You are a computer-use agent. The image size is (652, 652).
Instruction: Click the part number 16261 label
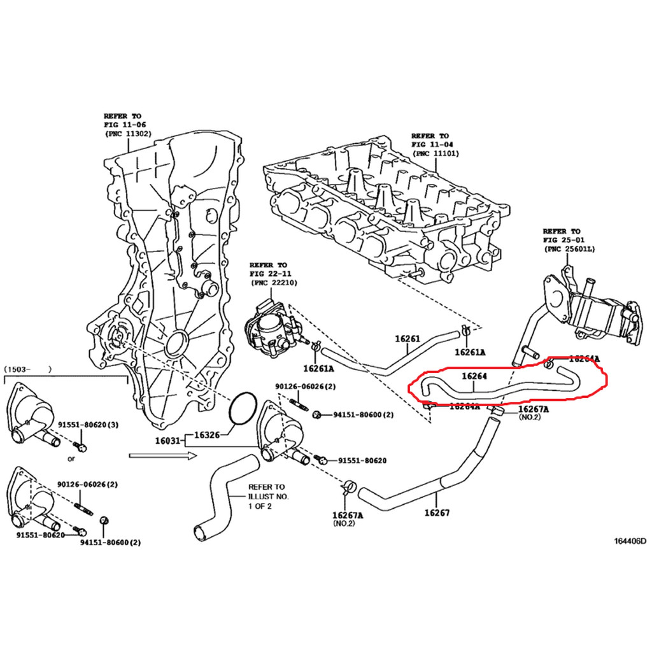coord(407,339)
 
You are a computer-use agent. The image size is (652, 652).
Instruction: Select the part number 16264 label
coord(474,377)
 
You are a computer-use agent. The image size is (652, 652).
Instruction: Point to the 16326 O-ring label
coord(206,436)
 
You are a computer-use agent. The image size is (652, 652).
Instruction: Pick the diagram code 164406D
coord(629,541)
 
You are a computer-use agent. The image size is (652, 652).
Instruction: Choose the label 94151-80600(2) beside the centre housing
coord(363,415)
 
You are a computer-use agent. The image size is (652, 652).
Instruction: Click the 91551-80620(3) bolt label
coord(88,424)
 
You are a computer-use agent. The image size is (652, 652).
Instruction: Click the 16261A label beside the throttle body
coord(318,369)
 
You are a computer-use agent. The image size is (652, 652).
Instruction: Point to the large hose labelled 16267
coord(414,497)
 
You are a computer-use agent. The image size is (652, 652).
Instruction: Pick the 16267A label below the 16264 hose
coord(534,409)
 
